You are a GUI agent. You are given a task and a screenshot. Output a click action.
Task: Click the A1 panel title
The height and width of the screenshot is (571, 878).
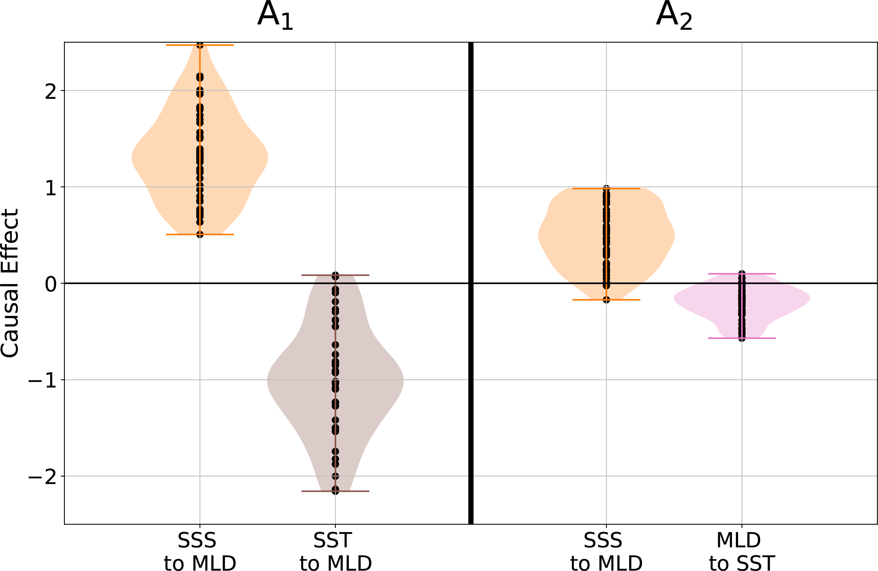point(275,16)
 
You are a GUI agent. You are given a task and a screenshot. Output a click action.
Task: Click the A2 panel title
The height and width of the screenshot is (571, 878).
point(674,16)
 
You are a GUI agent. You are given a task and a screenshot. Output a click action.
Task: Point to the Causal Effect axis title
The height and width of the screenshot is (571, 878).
point(10,283)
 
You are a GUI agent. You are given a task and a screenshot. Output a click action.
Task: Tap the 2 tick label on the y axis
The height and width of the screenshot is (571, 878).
point(51,91)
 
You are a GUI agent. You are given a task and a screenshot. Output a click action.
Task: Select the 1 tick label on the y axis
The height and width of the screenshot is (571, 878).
point(51,188)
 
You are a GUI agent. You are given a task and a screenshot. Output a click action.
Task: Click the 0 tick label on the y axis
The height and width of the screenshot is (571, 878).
point(51,284)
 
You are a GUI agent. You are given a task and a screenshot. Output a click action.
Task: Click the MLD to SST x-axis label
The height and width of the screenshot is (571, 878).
point(742,552)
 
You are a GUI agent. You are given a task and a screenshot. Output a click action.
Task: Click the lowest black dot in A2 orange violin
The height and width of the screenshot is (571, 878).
point(606,300)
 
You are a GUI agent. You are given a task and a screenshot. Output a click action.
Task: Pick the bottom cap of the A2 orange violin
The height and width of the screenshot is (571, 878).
point(625,300)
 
